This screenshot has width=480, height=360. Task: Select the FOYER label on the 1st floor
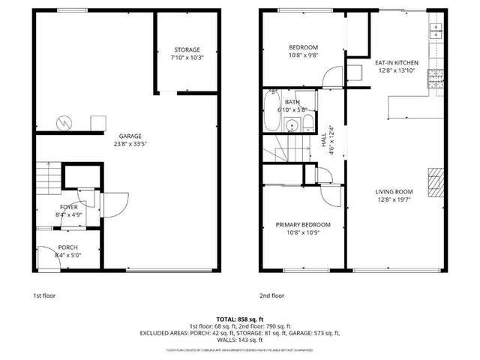point(69,207)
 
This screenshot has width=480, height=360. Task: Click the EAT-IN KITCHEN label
point(397,63)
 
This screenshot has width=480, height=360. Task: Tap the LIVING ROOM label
point(394,192)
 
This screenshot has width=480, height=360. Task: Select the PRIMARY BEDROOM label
point(303,224)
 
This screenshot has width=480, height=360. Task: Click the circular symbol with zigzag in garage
point(65,121)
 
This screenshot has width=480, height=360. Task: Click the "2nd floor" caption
point(272,295)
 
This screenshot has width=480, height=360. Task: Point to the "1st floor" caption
point(44,295)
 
